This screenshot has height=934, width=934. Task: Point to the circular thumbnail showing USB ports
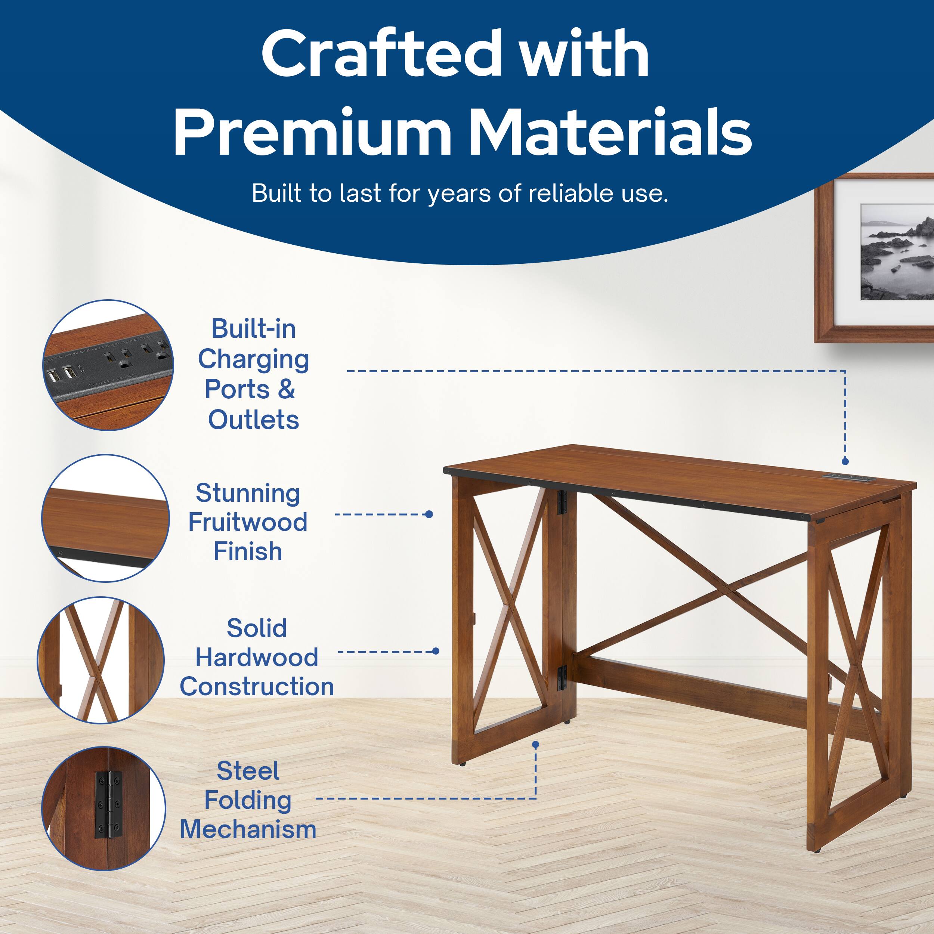108,365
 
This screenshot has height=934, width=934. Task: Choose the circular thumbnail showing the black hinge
103,808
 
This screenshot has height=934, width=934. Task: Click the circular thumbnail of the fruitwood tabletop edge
105,518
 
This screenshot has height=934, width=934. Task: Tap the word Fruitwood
248,522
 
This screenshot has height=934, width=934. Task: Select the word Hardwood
257,658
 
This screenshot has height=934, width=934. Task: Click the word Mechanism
248,829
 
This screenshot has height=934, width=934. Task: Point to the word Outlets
253,420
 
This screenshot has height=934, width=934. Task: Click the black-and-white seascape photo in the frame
897,252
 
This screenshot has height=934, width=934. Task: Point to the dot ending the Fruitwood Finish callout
429,514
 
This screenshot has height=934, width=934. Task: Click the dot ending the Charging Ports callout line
845,462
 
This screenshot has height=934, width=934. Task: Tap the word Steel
248,771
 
